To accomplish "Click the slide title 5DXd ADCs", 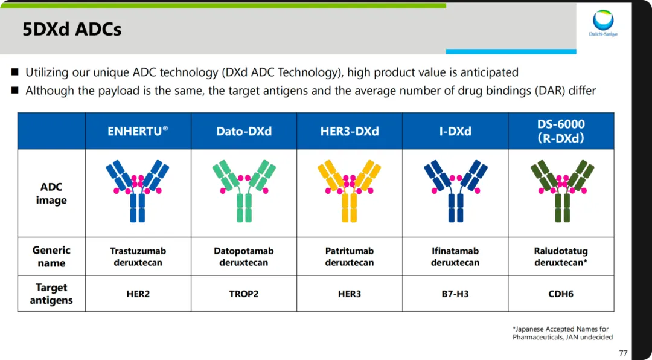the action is coord(72,30).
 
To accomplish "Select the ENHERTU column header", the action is coord(138,131).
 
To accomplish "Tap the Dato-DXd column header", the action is coord(244,132).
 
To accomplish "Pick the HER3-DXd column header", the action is coord(350,132).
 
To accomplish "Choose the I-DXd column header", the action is coord(455,132).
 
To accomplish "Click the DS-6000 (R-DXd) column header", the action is coord(561,131).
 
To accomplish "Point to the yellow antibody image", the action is coord(350,191).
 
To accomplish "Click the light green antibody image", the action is coord(244,191).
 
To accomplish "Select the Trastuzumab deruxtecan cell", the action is coord(138,257).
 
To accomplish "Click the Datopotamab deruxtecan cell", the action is coord(244,257).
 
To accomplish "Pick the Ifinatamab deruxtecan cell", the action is coord(455,257).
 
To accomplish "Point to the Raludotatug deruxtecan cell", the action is coord(561,257).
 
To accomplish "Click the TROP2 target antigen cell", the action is coord(244,294).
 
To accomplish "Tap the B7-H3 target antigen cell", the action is coord(455,294).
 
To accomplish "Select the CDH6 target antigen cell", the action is coord(561,294).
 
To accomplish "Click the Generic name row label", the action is coord(51,256).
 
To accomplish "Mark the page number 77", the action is coord(623,353).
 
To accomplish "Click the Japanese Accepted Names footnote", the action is coord(563,333).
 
